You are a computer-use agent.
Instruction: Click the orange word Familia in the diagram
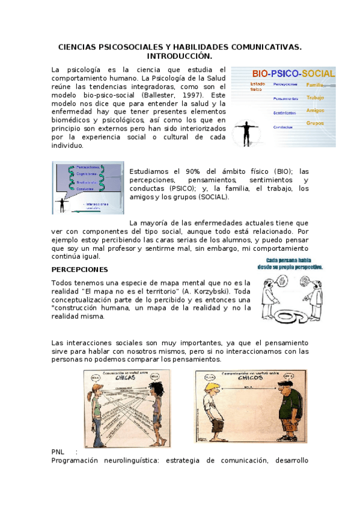(x=316, y=85)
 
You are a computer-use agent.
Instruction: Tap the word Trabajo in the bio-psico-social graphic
(x=315, y=97)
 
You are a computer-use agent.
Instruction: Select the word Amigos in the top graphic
(x=315, y=111)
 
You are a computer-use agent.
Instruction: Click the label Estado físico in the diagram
(x=257, y=86)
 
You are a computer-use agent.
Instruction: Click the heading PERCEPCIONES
(x=79, y=269)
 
